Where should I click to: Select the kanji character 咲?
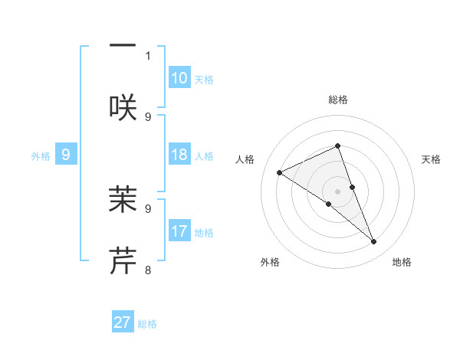(123, 108)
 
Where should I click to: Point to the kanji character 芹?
(123, 260)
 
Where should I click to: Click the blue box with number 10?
(179, 78)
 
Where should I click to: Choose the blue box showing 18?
(179, 155)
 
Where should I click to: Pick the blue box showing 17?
(179, 231)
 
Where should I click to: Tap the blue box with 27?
(123, 322)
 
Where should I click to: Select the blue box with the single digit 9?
(66, 155)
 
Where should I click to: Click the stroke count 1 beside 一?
(148, 55)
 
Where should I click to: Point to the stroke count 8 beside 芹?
(148, 270)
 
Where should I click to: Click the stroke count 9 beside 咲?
(148, 116)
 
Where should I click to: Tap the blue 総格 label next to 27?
(147, 324)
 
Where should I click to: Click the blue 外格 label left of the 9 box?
(41, 156)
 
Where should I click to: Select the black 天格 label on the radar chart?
(432, 159)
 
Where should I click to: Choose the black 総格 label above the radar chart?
(338, 100)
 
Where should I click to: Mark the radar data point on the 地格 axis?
(374, 242)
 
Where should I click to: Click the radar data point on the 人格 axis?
(280, 172)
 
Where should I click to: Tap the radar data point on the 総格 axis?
(338, 146)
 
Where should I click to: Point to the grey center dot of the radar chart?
(338, 191)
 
